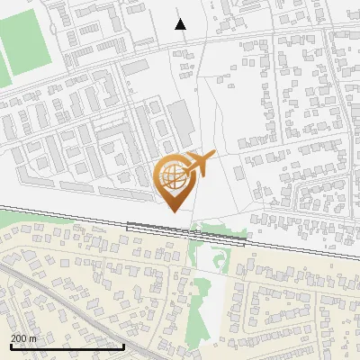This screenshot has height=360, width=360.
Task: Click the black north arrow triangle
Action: [x=180, y=23]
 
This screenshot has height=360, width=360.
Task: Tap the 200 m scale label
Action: [x=23, y=337]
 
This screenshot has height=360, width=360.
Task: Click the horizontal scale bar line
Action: [x=67, y=346]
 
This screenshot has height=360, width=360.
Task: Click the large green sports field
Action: [x=28, y=44]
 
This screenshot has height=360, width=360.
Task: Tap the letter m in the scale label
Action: [x=32, y=337]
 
